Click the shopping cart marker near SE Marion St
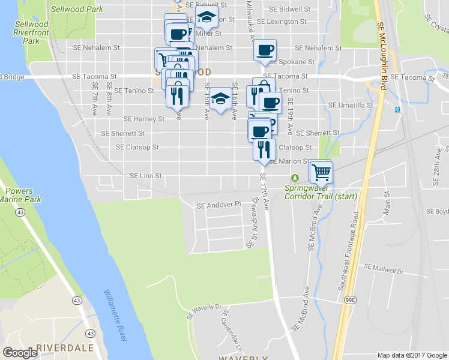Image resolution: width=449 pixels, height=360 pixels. coord(321,172)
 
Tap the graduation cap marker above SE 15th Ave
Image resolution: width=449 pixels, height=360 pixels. coord(220,98)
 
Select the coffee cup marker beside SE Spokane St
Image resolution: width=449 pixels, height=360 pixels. coord(264,50)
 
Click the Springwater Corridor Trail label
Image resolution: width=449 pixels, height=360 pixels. coord(321,192)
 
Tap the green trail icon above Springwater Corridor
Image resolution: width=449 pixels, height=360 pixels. coord(295,178)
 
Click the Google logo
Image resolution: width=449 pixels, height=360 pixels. coord(20,352)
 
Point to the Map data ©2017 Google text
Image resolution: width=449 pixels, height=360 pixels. coord(411,355)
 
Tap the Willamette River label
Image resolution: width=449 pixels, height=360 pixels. coord(115,315)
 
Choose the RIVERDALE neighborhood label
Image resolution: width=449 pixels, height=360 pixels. coord(64,348)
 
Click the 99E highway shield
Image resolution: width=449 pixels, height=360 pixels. coord(350,298)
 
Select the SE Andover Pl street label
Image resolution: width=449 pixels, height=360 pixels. coord(218,205)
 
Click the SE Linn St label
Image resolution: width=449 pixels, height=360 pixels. coord(146,176)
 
